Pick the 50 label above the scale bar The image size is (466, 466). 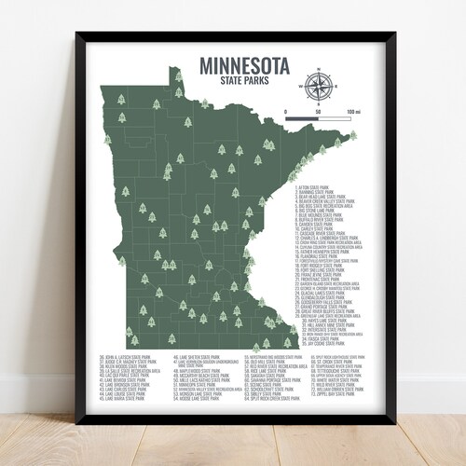(318, 113)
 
